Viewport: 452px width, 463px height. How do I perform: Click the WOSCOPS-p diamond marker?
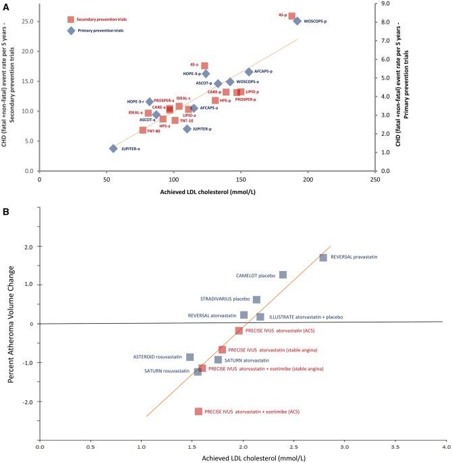click(297, 21)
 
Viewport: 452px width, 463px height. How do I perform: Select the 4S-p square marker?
click(291, 15)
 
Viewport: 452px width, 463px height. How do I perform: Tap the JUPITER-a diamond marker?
click(113, 149)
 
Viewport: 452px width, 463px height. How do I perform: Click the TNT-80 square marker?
click(143, 130)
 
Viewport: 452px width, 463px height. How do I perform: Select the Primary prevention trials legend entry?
click(94, 30)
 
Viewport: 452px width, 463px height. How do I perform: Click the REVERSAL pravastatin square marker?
click(323, 258)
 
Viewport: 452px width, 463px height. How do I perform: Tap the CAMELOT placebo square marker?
click(283, 274)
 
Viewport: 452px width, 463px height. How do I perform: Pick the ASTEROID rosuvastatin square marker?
click(190, 357)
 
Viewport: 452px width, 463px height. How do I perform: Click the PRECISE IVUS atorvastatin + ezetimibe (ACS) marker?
click(198, 411)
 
